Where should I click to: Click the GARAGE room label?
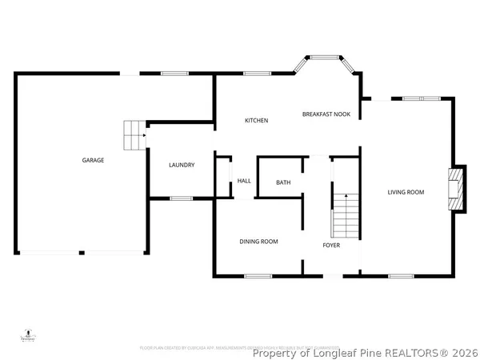(x=93, y=160)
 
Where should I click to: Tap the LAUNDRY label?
(x=182, y=166)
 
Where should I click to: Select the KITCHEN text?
(x=256, y=121)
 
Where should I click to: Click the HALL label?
(x=244, y=182)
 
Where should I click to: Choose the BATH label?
(x=283, y=183)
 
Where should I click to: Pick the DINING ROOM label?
(x=259, y=241)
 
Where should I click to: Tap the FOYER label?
(x=331, y=246)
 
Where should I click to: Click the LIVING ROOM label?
(x=406, y=192)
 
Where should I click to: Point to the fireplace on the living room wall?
(x=457, y=189)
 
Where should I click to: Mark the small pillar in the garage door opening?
(x=82, y=253)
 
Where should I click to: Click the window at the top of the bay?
(x=323, y=57)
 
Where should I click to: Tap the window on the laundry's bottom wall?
(x=182, y=198)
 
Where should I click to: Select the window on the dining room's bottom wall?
(x=258, y=277)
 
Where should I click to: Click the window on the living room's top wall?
(x=415, y=98)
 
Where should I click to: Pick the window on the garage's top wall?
(x=174, y=74)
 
